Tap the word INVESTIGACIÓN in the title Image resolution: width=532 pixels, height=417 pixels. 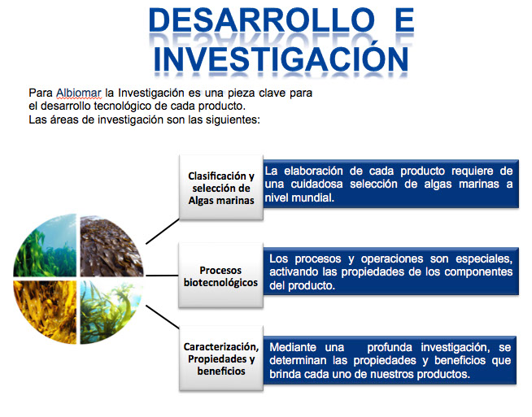coord(281,59)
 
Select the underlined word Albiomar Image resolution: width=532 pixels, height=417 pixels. coord(79,93)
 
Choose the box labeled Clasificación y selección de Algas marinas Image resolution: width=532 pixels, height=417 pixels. coord(221,188)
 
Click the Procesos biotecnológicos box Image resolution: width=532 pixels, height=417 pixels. coord(221,276)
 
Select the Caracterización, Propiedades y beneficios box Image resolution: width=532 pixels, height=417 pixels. coord(221,358)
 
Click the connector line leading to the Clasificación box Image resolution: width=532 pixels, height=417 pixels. coord(163,231)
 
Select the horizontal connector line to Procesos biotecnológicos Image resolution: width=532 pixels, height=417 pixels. coord(162,276)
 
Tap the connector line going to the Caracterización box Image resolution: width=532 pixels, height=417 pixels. coord(163,317)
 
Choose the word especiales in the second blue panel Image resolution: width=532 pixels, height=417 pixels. coord(484,259)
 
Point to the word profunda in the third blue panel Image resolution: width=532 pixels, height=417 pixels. coord(390,347)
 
